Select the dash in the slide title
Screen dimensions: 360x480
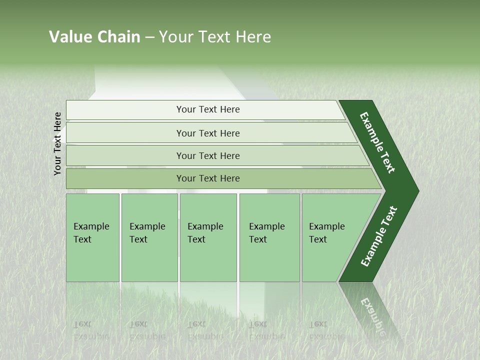coord(149,37)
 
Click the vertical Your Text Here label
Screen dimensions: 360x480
coord(57,143)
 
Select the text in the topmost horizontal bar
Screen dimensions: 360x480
coord(208,109)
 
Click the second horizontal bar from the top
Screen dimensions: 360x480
coord(208,133)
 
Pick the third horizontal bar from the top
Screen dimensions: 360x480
coord(208,155)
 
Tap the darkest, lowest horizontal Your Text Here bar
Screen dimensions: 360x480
coord(208,178)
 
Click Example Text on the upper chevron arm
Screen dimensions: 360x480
coord(377,142)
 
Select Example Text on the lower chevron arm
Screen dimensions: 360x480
coord(379,236)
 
